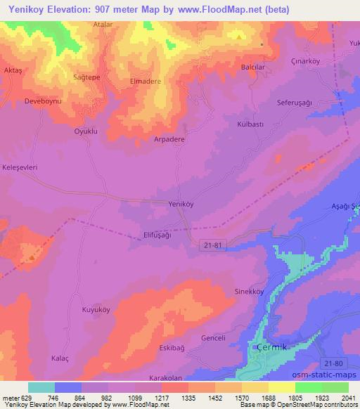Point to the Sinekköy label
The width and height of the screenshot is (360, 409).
click(248, 290)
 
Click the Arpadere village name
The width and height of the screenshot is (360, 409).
click(169, 139)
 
